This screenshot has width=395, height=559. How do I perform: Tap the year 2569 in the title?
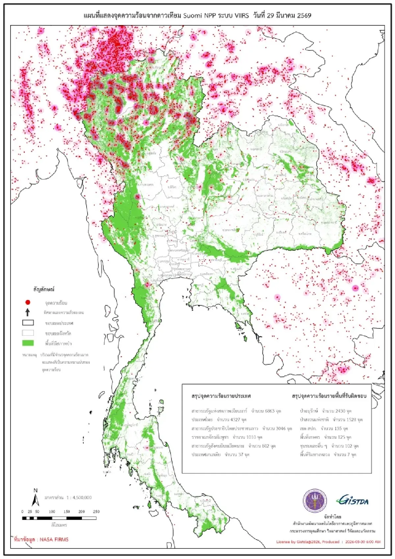tap(304, 15)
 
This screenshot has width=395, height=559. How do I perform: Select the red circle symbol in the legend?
tap(28, 302)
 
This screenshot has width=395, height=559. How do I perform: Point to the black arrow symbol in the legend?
tap(28, 312)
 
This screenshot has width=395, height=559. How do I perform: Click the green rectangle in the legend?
tap(28, 343)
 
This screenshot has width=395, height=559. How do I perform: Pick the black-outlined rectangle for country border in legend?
tap(28, 323)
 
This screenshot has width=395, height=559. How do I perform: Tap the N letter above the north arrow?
tap(36, 490)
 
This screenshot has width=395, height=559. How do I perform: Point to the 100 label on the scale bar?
tap(52, 512)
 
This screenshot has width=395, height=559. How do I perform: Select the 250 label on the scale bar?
tap(96, 512)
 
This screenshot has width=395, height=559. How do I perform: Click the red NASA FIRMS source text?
tap(41, 540)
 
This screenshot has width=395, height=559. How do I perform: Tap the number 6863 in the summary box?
tap(269, 411)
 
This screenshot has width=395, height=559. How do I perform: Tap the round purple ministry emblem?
tap(315, 501)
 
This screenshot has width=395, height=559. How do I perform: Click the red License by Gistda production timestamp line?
tap(328, 542)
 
